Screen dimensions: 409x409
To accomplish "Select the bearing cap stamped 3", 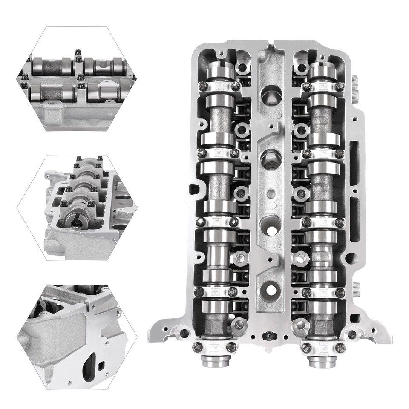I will [323, 292].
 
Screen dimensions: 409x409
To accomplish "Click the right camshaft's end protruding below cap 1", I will [323, 363].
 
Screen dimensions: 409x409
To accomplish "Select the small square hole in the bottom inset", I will [102, 364].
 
